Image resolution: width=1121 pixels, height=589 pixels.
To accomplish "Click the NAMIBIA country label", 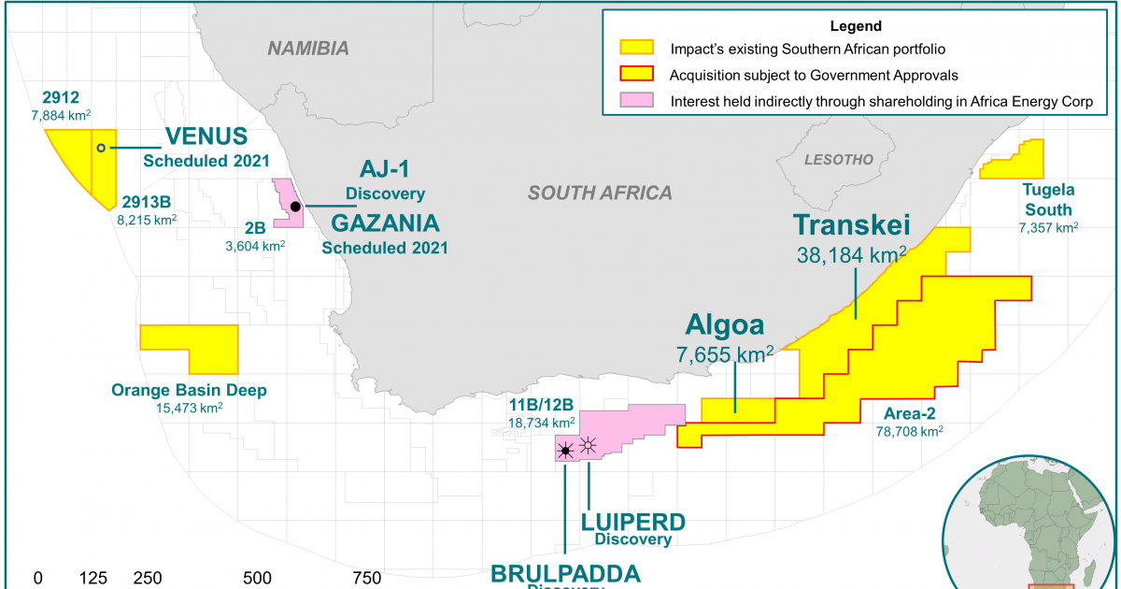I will click(308, 49).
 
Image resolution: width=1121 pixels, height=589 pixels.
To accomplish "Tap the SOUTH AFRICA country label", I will click(600, 194).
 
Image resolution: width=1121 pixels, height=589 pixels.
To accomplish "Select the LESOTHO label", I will click(839, 160).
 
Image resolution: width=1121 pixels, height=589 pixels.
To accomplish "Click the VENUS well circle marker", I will click(101, 148).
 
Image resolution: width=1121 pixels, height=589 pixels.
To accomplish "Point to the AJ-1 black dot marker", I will click(295, 207).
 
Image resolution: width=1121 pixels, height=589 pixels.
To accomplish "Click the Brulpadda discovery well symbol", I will click(565, 451).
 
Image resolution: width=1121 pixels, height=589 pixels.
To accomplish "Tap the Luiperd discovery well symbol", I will click(589, 445).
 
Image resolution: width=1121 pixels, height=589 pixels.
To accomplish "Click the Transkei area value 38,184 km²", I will click(850, 253).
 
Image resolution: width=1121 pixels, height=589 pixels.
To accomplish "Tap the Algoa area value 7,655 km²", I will click(724, 353).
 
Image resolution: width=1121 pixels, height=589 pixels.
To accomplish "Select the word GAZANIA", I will click(385, 225).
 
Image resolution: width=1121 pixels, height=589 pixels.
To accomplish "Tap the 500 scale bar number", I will click(257, 578).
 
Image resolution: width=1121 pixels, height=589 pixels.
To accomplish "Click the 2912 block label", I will click(62, 96).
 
